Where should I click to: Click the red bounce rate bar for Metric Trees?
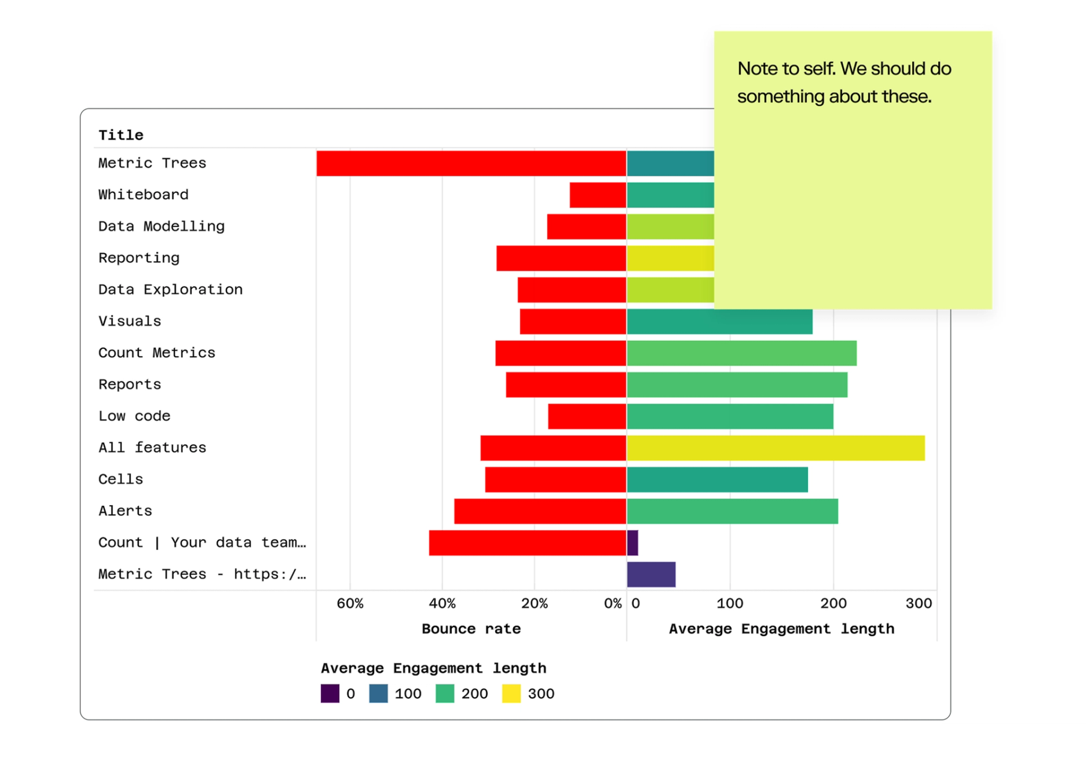[471, 163]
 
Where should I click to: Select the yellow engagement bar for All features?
[775, 448]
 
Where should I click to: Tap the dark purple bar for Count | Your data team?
[632, 543]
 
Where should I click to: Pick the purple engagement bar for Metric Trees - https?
[651, 575]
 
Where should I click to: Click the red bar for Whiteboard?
[598, 195]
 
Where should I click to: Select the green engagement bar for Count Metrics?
[741, 353]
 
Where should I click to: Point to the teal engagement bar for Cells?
[717, 480]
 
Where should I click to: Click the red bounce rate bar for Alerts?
[540, 512]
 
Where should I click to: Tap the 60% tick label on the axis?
[350, 604]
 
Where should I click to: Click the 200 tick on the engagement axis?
[833, 604]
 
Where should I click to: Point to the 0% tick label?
[612, 604]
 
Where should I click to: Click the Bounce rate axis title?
[471, 629]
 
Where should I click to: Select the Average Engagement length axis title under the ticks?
[781, 629]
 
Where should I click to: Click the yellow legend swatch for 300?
[511, 693]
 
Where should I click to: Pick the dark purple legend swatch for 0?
[330, 693]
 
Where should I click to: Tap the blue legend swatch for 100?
[378, 693]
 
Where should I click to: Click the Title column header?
[120, 136]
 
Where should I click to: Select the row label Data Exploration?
[170, 290]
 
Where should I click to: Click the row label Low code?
[134, 416]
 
